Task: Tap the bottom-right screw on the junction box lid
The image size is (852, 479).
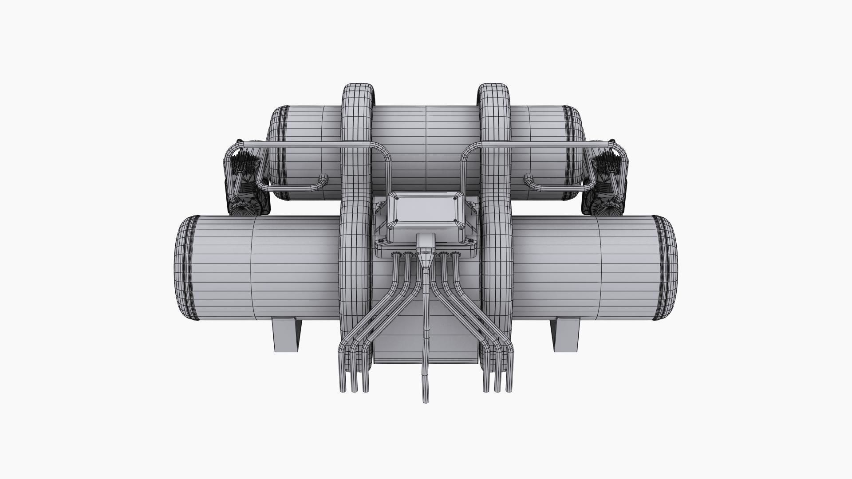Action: pos(455,221)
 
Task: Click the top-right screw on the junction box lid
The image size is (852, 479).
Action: pos(454,200)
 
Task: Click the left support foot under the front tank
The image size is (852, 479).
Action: pos(286,335)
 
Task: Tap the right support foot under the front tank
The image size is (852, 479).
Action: pos(566,335)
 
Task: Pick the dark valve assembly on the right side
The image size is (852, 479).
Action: pos(606,182)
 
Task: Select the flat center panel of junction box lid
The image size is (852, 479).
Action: pos(425,210)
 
